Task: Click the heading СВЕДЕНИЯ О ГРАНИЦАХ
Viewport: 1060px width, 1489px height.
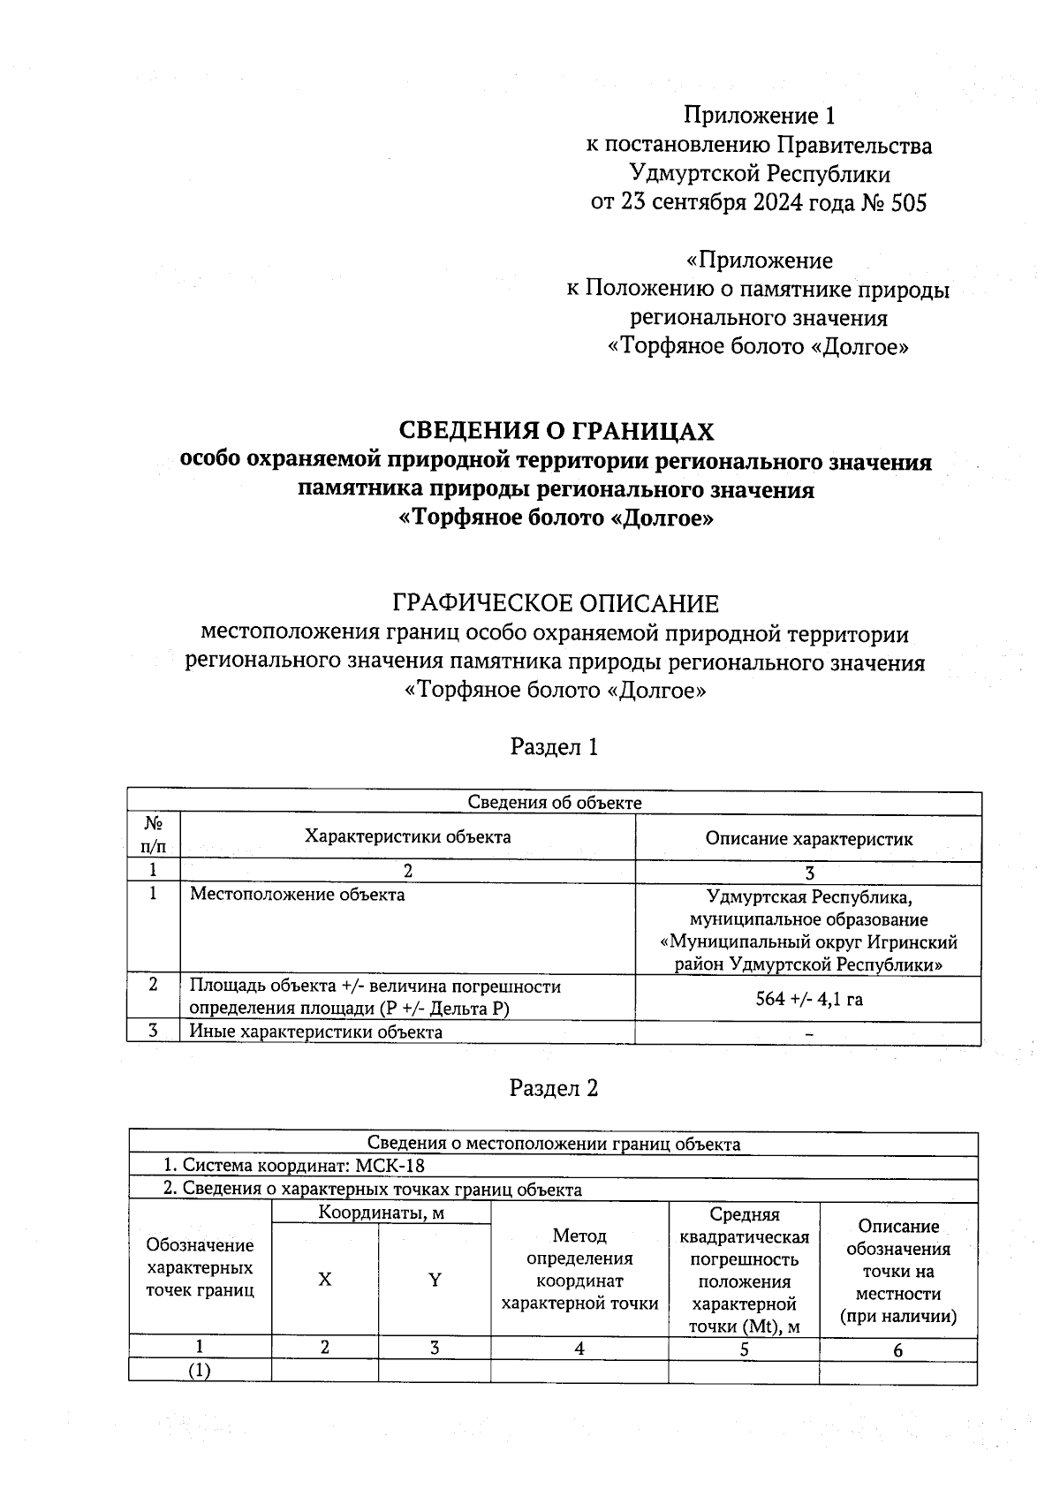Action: (x=556, y=431)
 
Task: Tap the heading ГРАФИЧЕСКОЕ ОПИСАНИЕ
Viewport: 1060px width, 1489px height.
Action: (x=556, y=604)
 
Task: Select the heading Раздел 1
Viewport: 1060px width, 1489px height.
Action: (x=555, y=747)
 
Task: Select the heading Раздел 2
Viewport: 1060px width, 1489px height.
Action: (x=555, y=1088)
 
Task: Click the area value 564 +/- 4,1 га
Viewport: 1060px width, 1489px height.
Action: (x=808, y=1000)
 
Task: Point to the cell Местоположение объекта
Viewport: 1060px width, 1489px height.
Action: (x=298, y=895)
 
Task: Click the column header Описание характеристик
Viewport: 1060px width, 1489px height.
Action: (x=808, y=839)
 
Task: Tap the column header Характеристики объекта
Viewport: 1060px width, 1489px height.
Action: (x=407, y=836)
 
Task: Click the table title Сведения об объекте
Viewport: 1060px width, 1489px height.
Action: (x=554, y=802)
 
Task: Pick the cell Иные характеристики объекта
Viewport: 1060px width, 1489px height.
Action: (x=316, y=1032)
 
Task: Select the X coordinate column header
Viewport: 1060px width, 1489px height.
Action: (x=325, y=1280)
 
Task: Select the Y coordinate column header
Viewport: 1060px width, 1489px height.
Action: (x=435, y=1280)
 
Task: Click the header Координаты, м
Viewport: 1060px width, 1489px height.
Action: (x=381, y=1213)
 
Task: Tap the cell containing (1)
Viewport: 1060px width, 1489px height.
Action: (x=200, y=1371)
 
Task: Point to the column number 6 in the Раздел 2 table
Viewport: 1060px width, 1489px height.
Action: (x=898, y=1349)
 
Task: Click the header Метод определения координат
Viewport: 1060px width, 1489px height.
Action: (x=579, y=1269)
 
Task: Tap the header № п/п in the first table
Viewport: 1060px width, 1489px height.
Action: (x=154, y=835)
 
